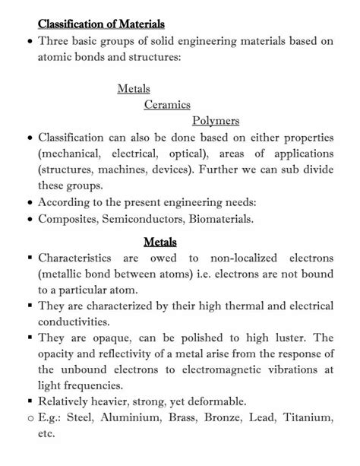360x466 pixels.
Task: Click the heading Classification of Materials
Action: click(102, 24)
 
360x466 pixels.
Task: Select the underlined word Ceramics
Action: click(166, 105)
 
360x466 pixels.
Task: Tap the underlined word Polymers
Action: click(216, 120)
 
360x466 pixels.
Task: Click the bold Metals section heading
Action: click(159, 243)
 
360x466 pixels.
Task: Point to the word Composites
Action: click(69, 219)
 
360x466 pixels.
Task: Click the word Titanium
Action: click(308, 417)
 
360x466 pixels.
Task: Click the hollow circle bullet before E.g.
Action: click(29, 418)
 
